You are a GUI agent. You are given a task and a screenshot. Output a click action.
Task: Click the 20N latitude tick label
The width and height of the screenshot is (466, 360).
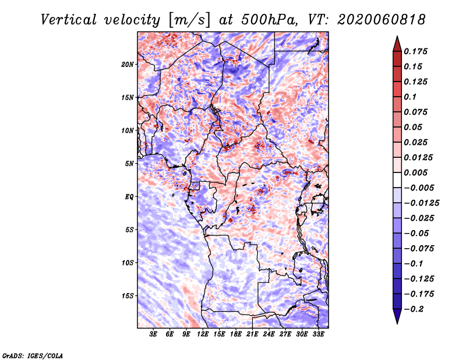(x=128, y=65)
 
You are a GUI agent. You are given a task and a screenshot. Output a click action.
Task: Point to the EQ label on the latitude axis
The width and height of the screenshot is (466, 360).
(x=129, y=197)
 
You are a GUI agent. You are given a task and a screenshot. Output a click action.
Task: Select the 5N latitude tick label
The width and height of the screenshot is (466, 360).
(x=129, y=164)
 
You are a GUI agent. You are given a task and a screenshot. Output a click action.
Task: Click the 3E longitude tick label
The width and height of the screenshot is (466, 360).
(x=153, y=334)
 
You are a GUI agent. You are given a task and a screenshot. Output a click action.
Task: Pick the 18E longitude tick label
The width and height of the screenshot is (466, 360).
(x=236, y=334)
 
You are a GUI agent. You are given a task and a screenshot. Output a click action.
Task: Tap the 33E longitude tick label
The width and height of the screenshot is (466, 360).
(x=318, y=334)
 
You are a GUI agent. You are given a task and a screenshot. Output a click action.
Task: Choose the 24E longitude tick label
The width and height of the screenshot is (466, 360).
(x=269, y=334)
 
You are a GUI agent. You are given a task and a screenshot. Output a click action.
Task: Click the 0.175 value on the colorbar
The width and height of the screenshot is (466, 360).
(x=415, y=51)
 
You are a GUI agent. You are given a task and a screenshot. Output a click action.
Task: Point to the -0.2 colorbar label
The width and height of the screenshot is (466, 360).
(x=414, y=309)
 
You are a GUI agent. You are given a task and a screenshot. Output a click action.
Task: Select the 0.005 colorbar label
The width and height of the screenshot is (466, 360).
(x=415, y=172)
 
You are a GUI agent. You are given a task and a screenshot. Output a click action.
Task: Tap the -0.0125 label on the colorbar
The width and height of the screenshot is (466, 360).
(x=421, y=203)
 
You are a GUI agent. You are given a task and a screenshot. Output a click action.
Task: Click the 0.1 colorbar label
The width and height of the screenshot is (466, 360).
(x=410, y=97)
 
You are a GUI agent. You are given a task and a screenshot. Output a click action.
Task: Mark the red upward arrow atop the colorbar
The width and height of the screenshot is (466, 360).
(x=397, y=44)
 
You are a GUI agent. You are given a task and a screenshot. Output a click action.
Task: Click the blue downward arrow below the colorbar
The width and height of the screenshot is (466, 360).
(x=397, y=316)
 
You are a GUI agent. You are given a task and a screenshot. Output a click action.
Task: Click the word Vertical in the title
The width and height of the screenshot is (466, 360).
(x=69, y=20)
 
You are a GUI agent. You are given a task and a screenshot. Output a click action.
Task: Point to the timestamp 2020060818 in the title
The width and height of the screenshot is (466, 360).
(x=382, y=20)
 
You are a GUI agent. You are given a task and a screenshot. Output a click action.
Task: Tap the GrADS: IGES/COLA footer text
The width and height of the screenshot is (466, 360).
(x=33, y=355)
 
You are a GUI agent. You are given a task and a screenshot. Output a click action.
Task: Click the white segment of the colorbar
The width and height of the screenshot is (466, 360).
(x=397, y=180)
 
